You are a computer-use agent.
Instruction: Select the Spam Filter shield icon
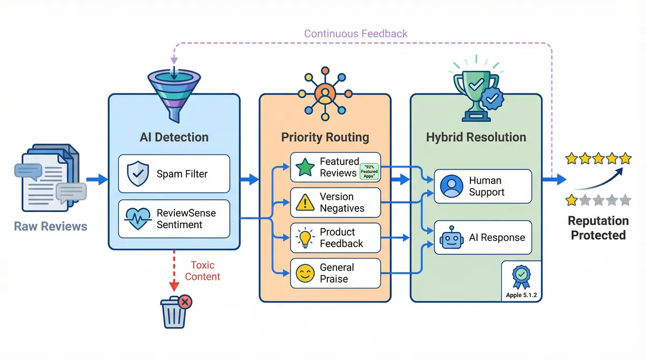137,174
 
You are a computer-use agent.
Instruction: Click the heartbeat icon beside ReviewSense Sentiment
137,218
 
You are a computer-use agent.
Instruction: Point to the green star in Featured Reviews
305,167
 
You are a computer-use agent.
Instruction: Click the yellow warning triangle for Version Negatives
305,202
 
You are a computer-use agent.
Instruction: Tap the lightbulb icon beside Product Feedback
305,238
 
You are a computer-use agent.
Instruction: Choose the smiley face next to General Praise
305,273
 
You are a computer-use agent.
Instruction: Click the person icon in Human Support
451,186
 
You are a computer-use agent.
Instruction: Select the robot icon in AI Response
451,237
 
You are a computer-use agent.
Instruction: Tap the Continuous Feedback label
356,34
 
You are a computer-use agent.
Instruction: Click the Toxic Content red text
202,271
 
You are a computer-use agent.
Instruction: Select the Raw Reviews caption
51,226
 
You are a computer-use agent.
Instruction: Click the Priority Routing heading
325,137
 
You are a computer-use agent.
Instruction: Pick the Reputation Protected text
598,228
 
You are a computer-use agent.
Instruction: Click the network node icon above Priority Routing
325,91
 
